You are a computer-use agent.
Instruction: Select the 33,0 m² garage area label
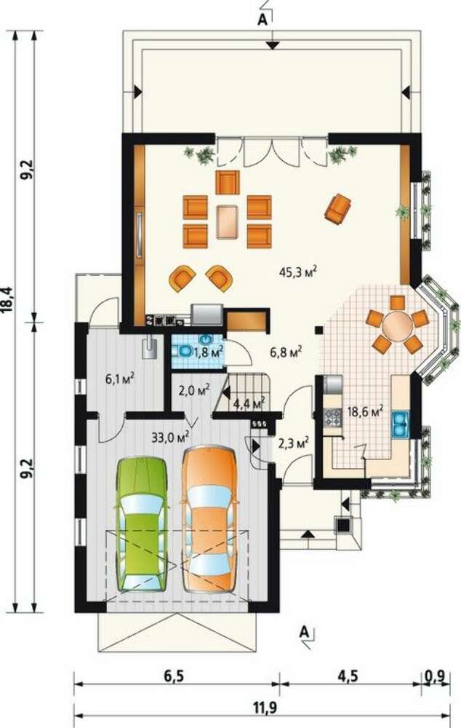171,436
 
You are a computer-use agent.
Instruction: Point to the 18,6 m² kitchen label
366,411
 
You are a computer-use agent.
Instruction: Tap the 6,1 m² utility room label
120,379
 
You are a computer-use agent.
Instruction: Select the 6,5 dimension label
174,676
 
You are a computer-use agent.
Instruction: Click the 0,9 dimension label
437,676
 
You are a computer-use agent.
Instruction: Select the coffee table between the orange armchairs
228,222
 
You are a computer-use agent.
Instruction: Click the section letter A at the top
262,20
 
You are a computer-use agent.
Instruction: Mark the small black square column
318,330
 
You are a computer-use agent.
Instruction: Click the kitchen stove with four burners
332,417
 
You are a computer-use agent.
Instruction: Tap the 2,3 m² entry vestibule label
294,444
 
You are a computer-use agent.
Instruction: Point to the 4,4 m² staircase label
249,403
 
